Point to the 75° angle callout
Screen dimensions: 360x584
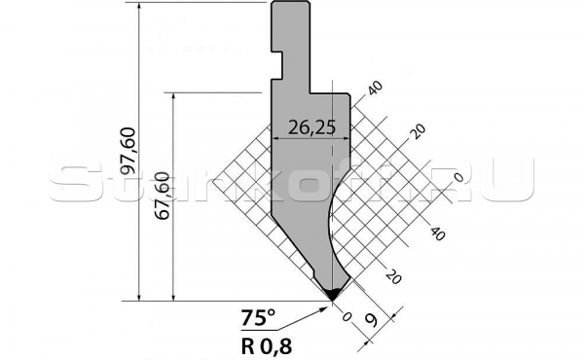pos(258,316)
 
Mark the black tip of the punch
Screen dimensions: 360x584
pos(332,293)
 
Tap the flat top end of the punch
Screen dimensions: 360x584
pos(290,4)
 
